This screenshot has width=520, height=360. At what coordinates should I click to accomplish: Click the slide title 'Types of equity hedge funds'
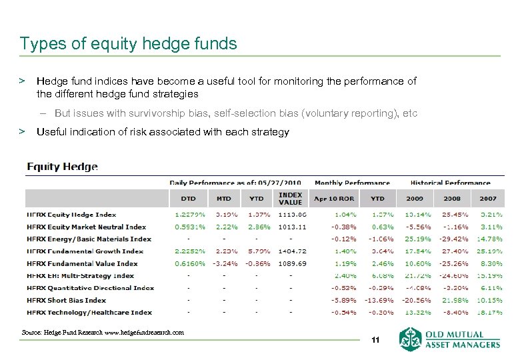tap(128, 44)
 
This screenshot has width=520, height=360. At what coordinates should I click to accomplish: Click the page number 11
tap(375, 341)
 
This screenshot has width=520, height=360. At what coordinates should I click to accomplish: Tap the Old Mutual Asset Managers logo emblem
tap(411, 339)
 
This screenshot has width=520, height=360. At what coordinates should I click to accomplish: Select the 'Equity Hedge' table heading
tap(62, 167)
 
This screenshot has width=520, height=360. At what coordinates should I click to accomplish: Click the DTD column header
tap(188, 198)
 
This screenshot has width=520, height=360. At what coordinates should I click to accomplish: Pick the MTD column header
tap(223, 198)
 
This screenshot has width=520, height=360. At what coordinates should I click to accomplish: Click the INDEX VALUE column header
tap(290, 198)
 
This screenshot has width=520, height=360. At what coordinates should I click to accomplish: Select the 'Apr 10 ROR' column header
tap(335, 198)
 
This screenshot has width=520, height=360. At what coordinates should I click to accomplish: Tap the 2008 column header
tap(452, 198)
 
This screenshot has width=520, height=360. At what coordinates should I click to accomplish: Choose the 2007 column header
tap(488, 198)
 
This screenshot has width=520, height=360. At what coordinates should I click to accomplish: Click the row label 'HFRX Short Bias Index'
tap(67, 300)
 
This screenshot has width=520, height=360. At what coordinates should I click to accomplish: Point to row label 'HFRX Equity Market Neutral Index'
tap(86, 227)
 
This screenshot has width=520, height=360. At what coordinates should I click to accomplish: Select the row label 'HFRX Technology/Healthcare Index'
tap(89, 312)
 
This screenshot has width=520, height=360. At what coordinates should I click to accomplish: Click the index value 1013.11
tap(293, 227)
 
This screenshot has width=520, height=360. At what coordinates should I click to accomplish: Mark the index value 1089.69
tap(293, 263)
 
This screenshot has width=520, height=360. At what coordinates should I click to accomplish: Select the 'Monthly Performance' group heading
tap(352, 183)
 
